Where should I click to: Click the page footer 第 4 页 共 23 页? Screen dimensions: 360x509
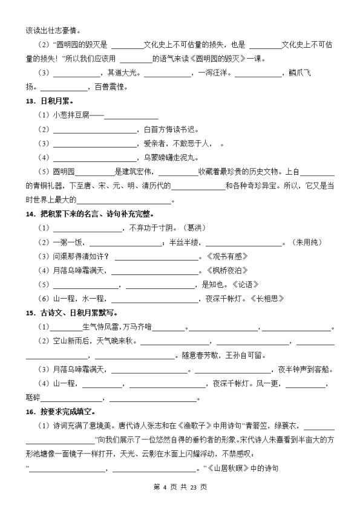(180, 487)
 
